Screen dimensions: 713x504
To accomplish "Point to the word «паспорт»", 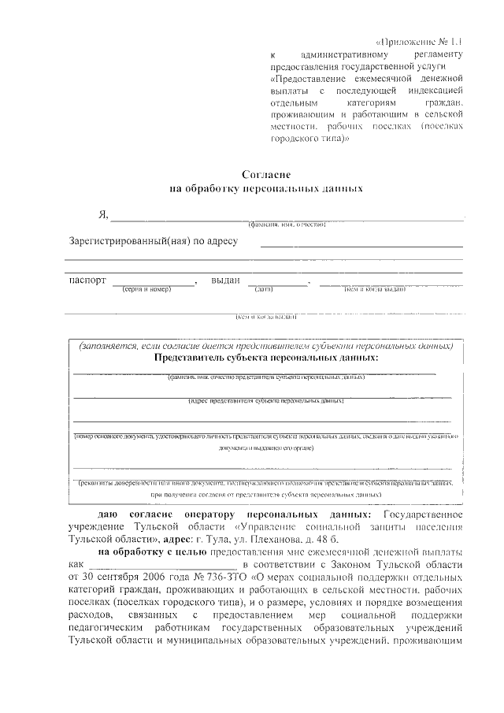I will tap(87, 280).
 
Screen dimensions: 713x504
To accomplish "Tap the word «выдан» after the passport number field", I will tap(226, 280).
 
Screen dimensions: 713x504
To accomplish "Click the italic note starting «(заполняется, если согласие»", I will tap(265, 345).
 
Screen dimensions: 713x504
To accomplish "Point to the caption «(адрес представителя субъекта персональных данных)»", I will tap(265, 401).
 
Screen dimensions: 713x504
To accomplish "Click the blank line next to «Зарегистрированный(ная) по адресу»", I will tap(361, 246).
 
